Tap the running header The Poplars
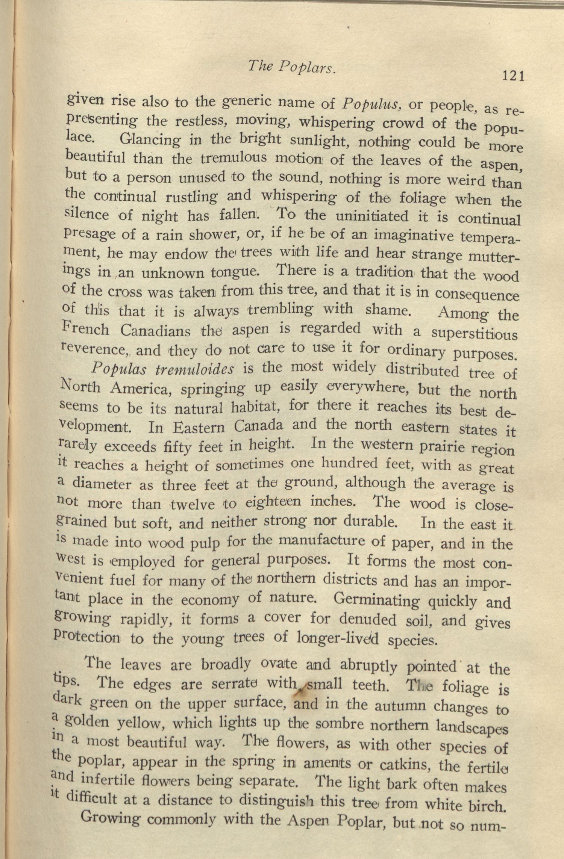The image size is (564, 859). pyautogui.click(x=291, y=67)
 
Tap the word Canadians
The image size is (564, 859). pyautogui.click(x=156, y=331)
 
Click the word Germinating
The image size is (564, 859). pyautogui.click(x=376, y=600)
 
